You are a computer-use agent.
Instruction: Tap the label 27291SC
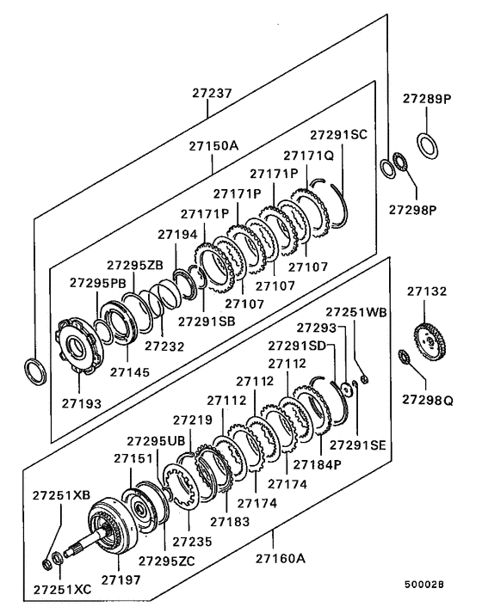[338, 135]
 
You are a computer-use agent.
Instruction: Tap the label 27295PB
[97, 282]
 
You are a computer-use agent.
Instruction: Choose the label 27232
[164, 346]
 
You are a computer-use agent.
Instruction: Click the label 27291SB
[207, 322]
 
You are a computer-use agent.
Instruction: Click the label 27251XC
[62, 591]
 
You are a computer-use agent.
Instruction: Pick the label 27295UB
[156, 440]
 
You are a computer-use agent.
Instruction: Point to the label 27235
[190, 542]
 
